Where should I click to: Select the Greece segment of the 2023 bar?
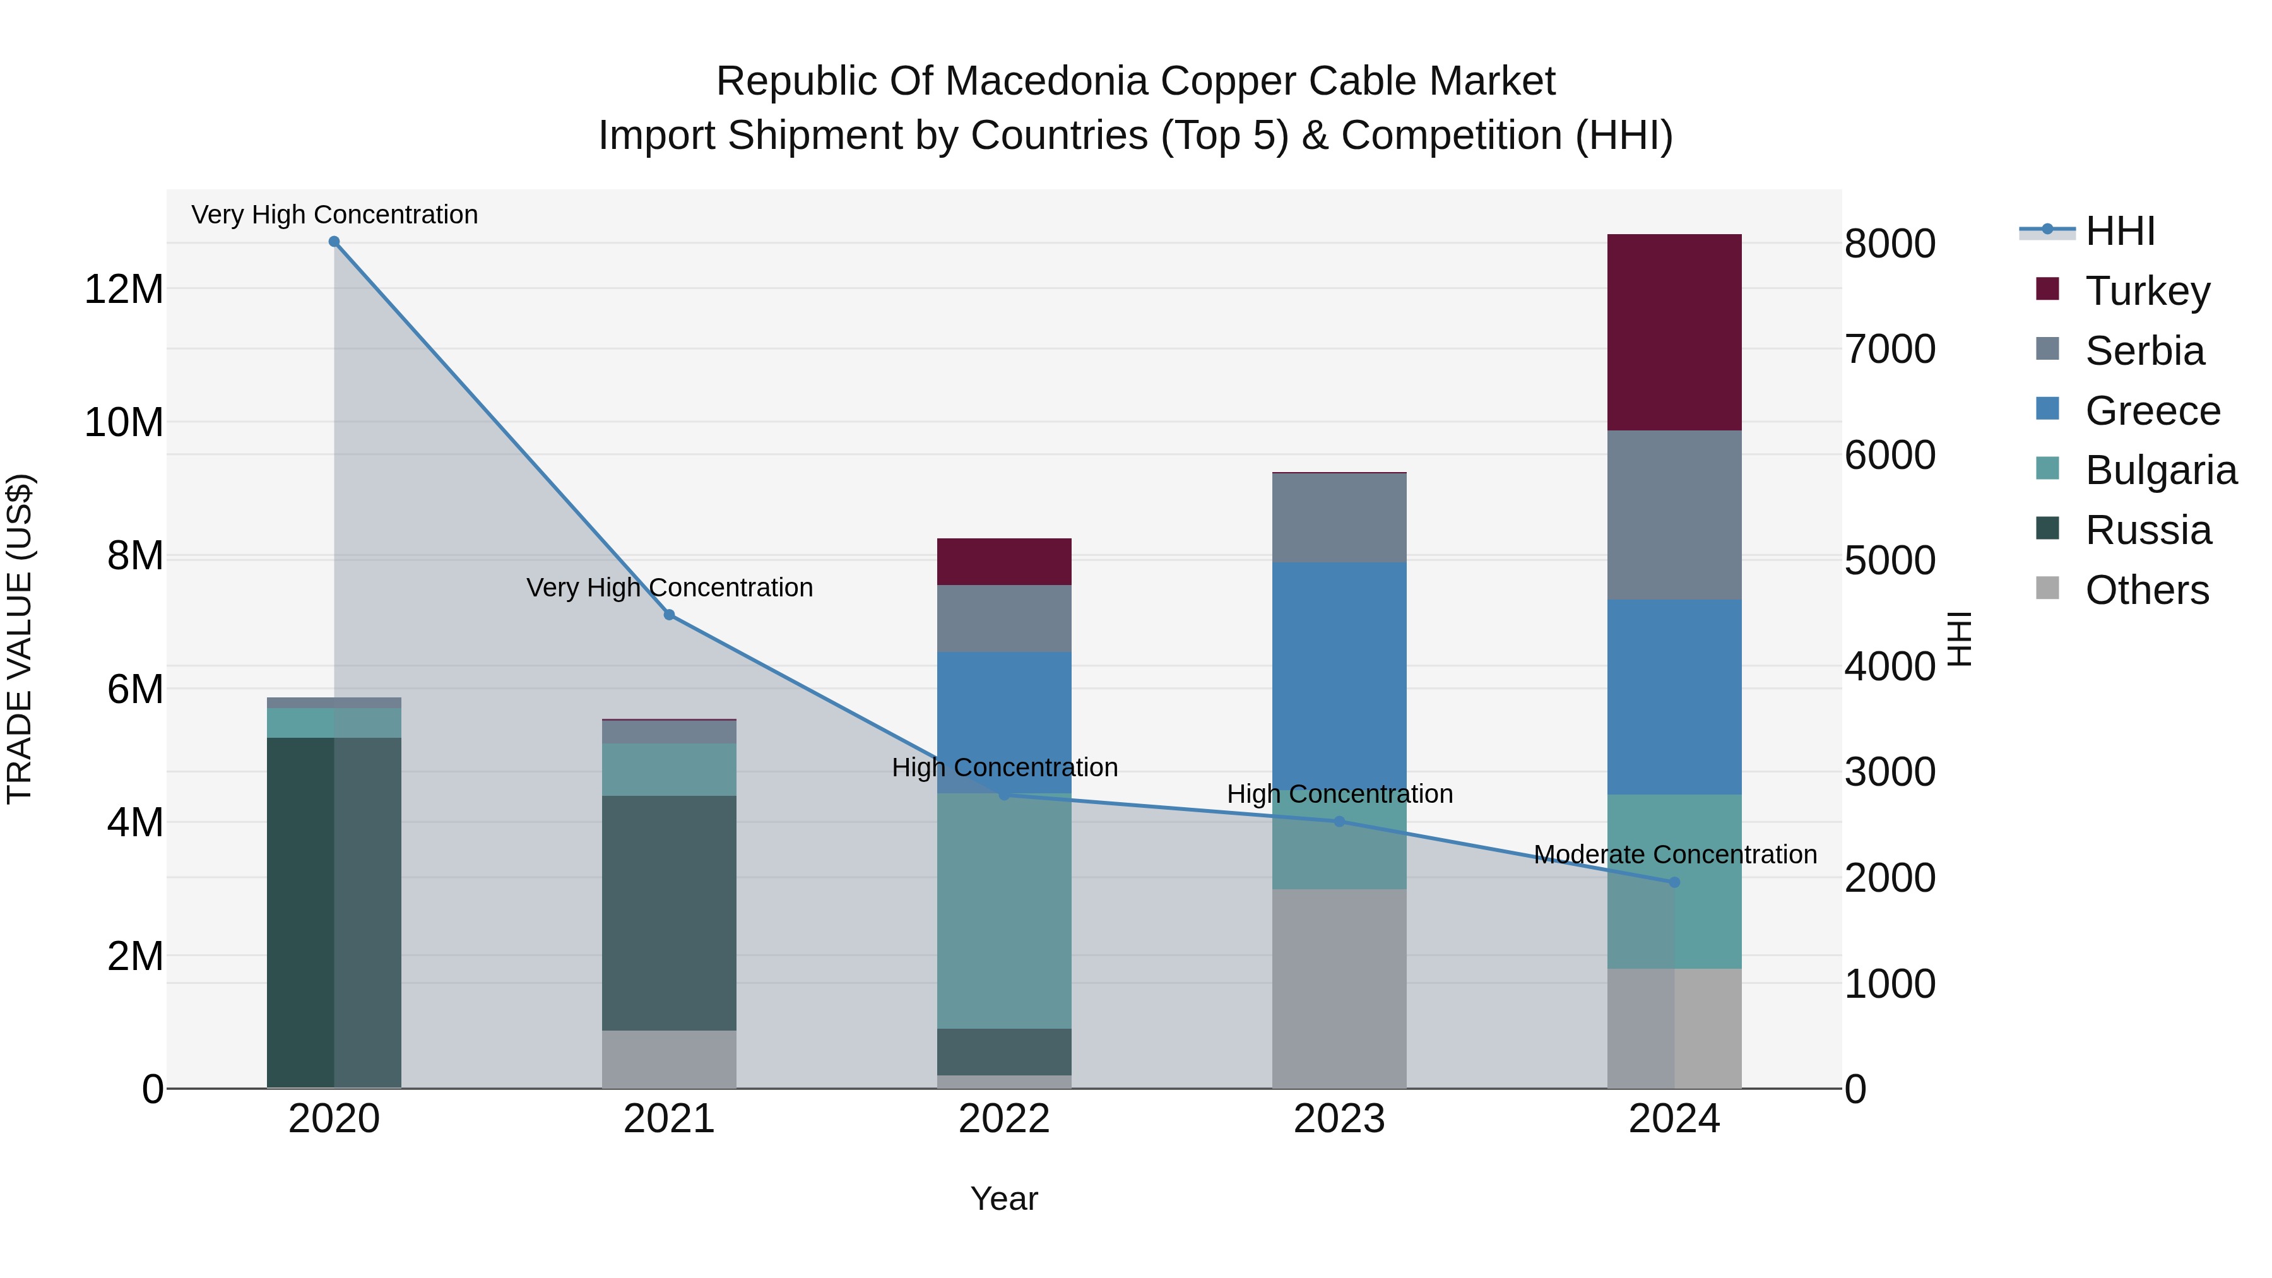click(x=1339, y=670)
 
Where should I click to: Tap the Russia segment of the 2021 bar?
click(x=668, y=912)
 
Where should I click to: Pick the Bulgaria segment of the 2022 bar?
click(x=1003, y=909)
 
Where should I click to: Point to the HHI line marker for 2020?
click(x=334, y=242)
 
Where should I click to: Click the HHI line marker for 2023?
click(x=1339, y=821)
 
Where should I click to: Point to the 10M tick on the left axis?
click(x=124, y=422)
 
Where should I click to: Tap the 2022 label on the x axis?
click(x=1003, y=1119)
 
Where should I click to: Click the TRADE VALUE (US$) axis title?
click(x=20, y=639)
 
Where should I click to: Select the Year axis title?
click(x=1003, y=1198)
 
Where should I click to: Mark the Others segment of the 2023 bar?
click(x=1339, y=988)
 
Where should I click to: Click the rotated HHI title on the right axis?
click(x=1959, y=639)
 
